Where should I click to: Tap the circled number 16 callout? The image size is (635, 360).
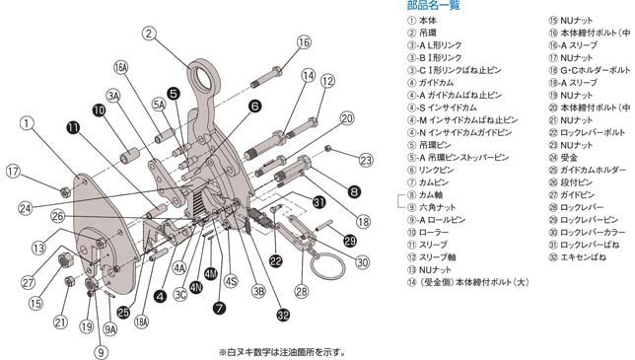point(303,41)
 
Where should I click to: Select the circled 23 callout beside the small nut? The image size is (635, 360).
point(366,160)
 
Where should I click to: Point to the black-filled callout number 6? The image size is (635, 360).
point(254,106)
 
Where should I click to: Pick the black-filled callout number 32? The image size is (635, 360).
point(283,316)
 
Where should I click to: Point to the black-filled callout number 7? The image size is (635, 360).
point(219,308)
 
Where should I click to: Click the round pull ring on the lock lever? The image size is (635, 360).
point(321,267)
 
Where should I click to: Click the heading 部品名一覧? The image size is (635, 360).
point(434,6)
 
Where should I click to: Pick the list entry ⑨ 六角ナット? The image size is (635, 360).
point(435,208)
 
